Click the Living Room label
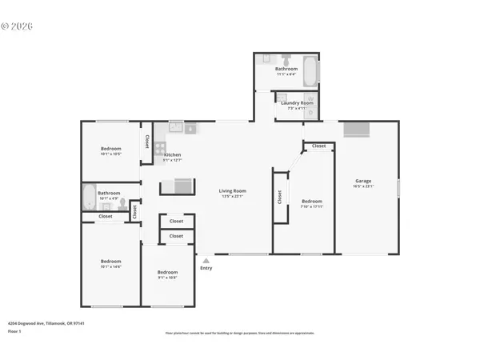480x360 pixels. click(x=233, y=190)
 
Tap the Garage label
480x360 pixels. click(x=364, y=181)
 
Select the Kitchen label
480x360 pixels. click(x=172, y=154)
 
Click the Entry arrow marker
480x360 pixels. click(x=206, y=260)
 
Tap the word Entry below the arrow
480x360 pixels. click(x=206, y=268)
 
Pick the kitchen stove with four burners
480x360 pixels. click(x=160, y=148)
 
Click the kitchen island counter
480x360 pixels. click(x=177, y=187)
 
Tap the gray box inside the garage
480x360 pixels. click(x=356, y=130)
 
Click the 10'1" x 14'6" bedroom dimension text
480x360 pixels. click(x=110, y=267)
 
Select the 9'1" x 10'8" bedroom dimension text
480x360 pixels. click(x=166, y=277)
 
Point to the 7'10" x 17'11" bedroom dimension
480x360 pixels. click(x=311, y=206)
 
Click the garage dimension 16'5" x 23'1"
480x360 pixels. click(x=364, y=186)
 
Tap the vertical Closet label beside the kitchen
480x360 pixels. click(x=147, y=141)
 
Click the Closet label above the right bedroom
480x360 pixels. click(x=318, y=146)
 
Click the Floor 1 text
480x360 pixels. click(x=15, y=331)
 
